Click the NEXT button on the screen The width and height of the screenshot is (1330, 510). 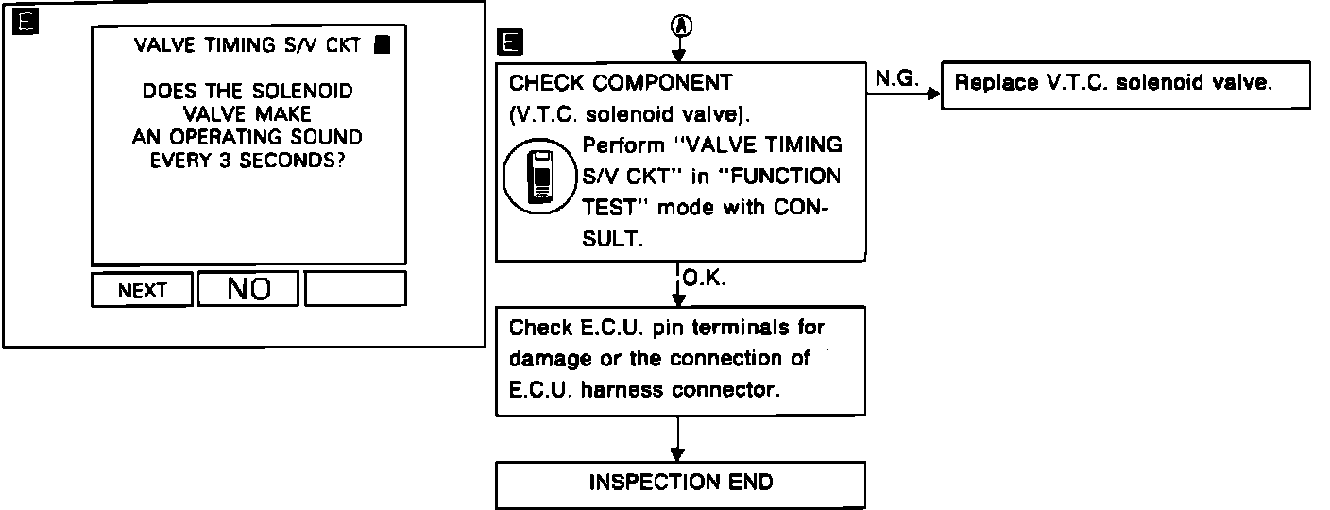[142, 290]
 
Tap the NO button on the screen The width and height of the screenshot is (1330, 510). [248, 289]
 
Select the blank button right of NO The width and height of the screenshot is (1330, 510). [355, 289]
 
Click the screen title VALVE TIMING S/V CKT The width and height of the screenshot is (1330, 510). [247, 44]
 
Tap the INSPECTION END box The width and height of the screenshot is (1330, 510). [680, 484]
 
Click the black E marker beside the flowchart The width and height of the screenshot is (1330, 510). [508, 42]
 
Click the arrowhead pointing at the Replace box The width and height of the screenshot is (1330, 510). [934, 94]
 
